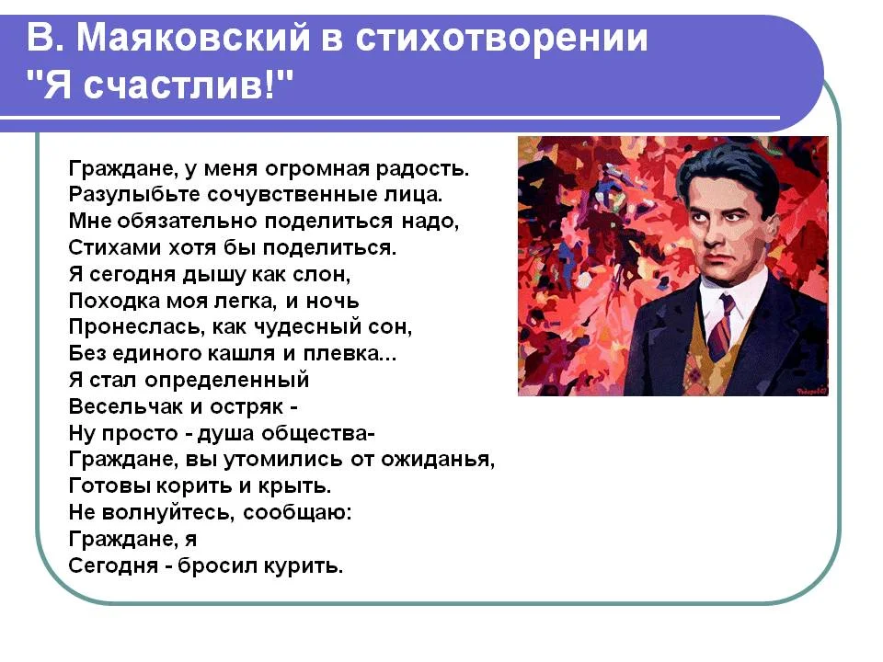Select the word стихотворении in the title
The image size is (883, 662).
click(501, 38)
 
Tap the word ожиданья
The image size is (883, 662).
click(436, 460)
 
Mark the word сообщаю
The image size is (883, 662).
click(296, 513)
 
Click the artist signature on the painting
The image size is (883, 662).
click(812, 391)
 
